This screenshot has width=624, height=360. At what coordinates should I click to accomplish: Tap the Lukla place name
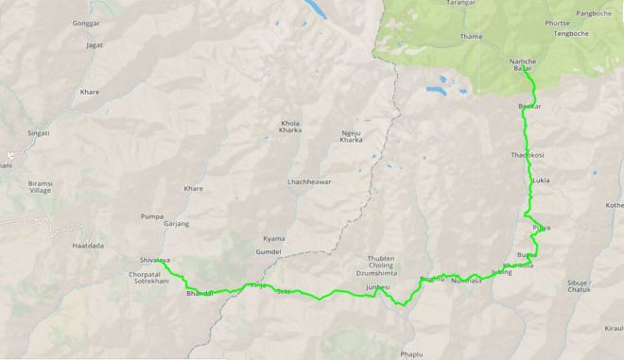[541, 180]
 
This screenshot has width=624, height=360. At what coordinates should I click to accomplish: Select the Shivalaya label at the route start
[154, 259]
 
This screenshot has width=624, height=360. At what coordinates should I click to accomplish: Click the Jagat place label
[93, 44]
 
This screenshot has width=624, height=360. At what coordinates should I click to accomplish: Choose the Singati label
[39, 133]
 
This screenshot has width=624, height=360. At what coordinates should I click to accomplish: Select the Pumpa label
[151, 216]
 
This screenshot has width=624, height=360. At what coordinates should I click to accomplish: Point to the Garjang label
[176, 224]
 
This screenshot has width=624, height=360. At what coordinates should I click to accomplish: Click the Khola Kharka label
[289, 128]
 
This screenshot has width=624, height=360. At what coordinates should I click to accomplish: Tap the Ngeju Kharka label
[351, 135]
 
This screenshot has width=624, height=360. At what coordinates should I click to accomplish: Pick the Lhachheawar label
[309, 181]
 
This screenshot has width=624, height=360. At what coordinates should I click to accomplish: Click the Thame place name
[471, 37]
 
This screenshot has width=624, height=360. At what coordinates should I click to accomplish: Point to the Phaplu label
[411, 354]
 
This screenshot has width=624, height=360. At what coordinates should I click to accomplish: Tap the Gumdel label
[268, 253]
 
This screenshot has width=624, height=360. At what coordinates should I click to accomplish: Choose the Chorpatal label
[145, 274]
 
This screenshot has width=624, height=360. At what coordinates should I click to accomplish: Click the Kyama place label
[274, 239]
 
